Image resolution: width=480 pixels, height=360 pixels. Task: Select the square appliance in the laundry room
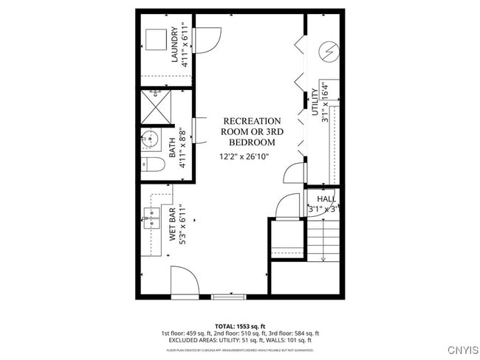point(155,39)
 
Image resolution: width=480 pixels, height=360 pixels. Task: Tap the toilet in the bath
point(152,165)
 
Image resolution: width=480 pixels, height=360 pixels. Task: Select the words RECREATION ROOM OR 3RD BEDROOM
point(252,131)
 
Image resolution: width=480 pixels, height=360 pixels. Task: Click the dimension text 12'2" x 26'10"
point(244,156)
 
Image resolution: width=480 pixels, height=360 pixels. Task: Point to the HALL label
point(326,199)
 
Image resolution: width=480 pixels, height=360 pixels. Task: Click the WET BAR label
point(172,226)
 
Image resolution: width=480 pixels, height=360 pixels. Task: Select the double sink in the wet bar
point(151,215)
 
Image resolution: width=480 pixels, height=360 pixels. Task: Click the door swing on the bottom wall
point(183,281)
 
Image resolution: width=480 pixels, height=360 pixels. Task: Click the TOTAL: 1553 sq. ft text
point(239,325)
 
